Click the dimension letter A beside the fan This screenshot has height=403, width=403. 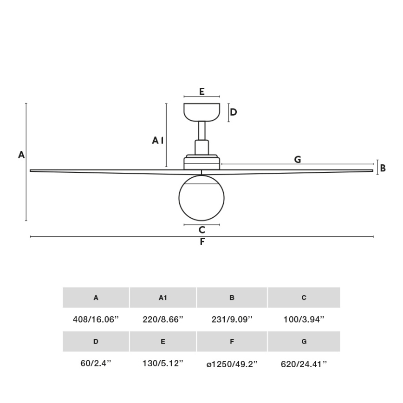click(x=21, y=155)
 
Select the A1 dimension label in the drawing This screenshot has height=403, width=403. click(x=158, y=140)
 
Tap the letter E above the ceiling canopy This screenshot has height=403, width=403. click(x=202, y=91)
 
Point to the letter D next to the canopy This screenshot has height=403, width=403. click(x=234, y=112)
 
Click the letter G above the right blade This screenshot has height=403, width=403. click(x=298, y=159)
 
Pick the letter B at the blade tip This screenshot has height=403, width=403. click(x=383, y=168)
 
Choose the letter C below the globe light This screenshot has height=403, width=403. click(x=201, y=229)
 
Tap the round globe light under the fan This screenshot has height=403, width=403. click(x=201, y=198)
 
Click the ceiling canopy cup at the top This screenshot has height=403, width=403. click(x=201, y=111)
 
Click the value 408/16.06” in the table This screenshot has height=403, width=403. click(x=96, y=319)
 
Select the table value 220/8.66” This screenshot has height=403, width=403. click(x=163, y=319)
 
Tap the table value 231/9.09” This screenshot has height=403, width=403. click(x=232, y=319)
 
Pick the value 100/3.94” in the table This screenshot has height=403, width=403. click(x=304, y=319)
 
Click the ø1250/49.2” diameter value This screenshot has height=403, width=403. click(x=232, y=364)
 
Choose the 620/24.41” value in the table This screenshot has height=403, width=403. click(x=304, y=364)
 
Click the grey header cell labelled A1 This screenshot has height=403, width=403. click(x=163, y=298)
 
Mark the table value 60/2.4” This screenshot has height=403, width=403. click(x=96, y=364)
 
